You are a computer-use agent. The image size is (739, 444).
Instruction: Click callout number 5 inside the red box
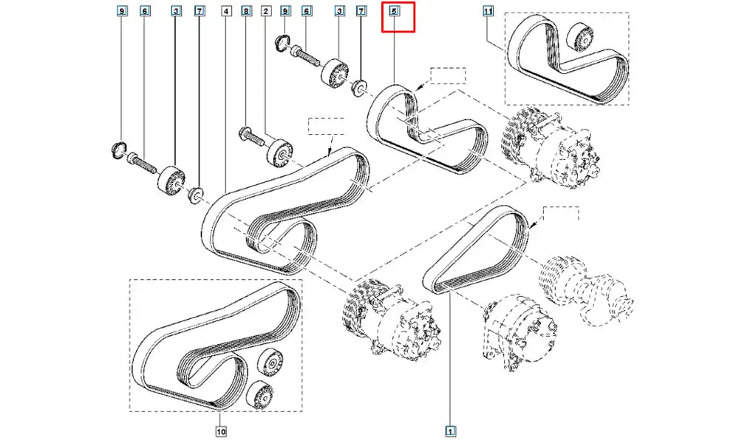pos(395,12)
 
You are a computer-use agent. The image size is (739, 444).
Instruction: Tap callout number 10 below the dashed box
pos(220,431)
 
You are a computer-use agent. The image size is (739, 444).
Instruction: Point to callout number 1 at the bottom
pos(450,431)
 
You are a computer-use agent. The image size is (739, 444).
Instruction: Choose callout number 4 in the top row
pos(225,12)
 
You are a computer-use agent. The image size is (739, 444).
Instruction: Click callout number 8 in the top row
pos(246,12)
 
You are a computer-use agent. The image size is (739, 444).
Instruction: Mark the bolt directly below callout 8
pos(249,135)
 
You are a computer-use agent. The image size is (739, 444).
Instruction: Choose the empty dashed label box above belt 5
pos(448,76)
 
